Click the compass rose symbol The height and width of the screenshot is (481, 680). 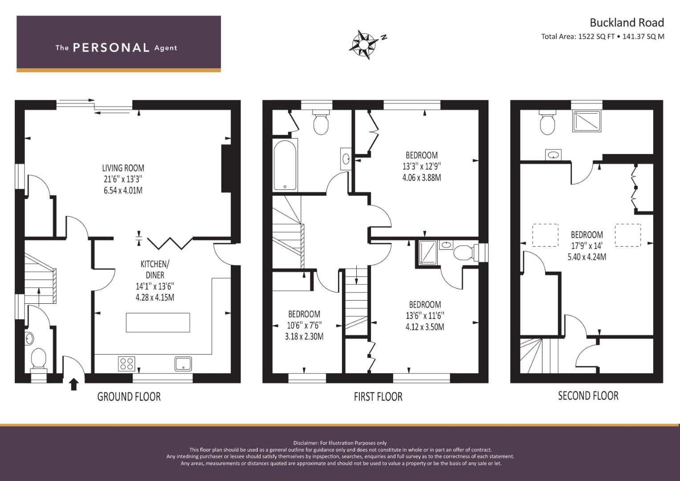(363, 45)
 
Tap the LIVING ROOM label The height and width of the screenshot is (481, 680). (123, 168)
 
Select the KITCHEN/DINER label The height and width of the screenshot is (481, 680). (155, 269)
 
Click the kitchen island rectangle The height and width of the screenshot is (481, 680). (158, 322)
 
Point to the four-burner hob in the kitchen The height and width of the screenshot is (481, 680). (126, 364)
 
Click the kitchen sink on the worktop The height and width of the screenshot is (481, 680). (183, 364)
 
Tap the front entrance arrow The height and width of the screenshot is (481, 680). (73, 384)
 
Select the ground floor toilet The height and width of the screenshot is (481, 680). (39, 360)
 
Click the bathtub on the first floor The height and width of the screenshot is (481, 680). (285, 165)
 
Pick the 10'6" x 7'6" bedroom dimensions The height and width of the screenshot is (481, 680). (304, 326)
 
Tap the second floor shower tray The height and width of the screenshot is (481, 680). (587, 121)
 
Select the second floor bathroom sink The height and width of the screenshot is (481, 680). (553, 155)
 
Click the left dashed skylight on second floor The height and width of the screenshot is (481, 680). (546, 235)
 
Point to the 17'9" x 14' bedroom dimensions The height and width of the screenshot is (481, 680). (587, 246)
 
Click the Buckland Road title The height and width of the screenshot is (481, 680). (627, 22)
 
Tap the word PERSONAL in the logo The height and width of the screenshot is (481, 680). (111, 48)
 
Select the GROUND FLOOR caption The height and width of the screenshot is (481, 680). (129, 396)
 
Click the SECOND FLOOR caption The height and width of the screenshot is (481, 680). (588, 395)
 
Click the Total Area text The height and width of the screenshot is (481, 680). (603, 37)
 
